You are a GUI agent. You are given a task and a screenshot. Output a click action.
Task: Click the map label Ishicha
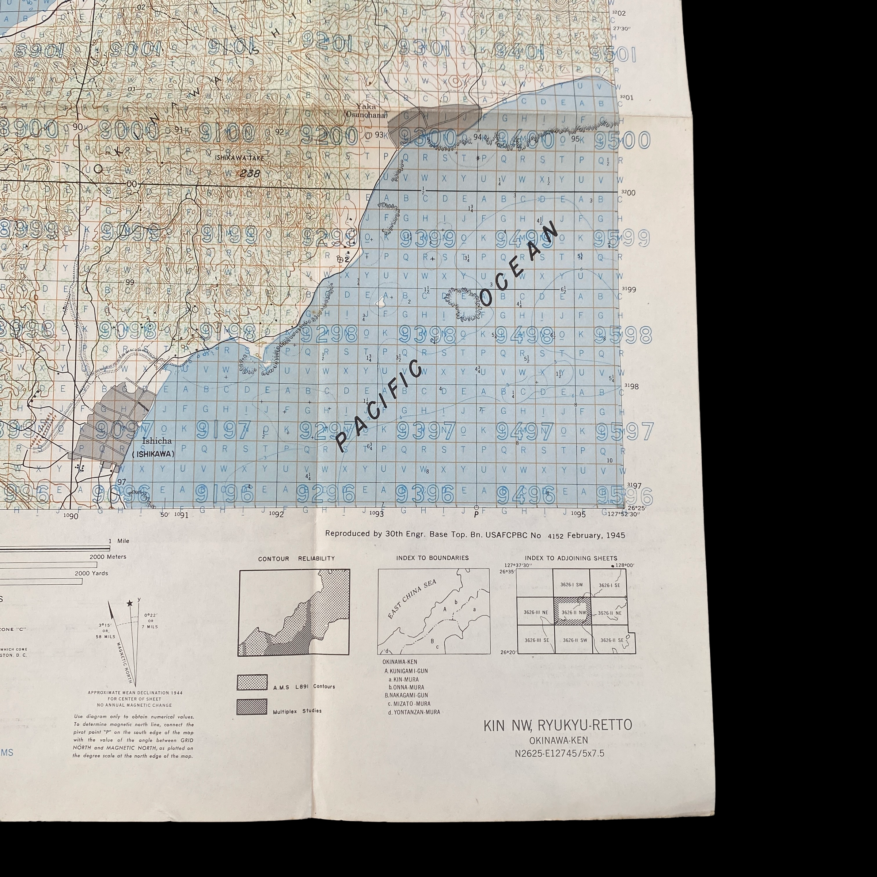tap(157, 440)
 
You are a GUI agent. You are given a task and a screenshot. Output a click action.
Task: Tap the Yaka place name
tap(366, 107)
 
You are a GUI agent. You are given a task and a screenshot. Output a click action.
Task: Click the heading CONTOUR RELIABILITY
tap(296, 559)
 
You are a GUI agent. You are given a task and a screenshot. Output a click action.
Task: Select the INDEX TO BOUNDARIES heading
tap(432, 558)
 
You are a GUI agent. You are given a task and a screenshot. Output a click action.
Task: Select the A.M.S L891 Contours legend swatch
tap(251, 682)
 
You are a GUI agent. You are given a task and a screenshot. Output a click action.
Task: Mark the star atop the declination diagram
tap(130, 603)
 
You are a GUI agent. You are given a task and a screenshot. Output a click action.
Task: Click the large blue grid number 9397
tap(426, 431)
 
